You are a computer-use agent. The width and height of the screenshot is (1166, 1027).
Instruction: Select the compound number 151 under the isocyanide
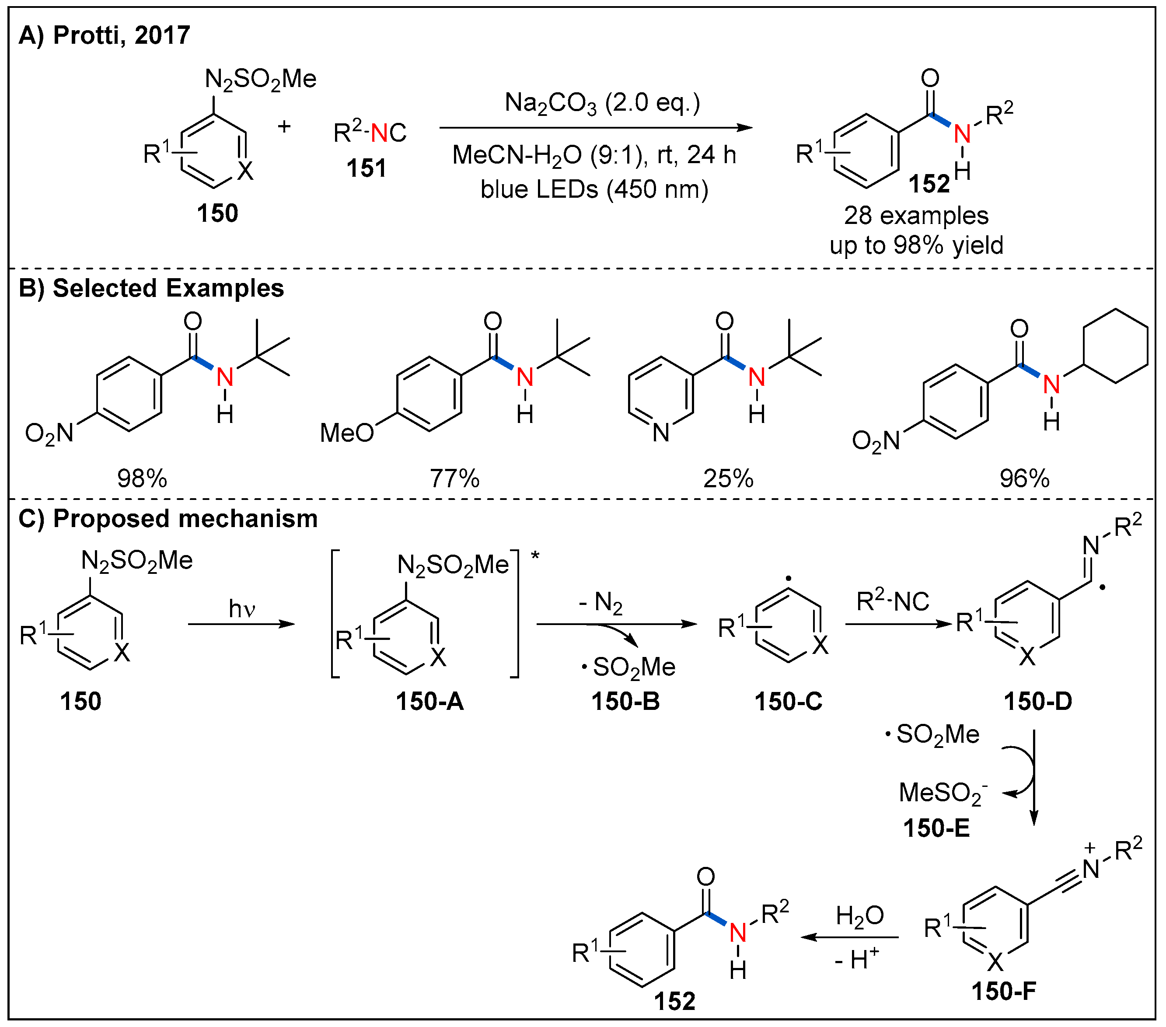[366, 168]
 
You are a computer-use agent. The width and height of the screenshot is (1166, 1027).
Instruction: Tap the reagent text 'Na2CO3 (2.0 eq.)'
[602, 103]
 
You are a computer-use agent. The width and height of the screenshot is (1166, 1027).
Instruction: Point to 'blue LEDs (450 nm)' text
[594, 189]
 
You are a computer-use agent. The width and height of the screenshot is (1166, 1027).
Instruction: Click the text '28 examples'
[916, 216]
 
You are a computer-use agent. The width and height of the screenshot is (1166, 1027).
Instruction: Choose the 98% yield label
[142, 478]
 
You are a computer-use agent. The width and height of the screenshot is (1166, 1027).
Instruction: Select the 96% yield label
[1025, 478]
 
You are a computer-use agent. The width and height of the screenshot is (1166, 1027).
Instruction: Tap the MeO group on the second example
[346, 433]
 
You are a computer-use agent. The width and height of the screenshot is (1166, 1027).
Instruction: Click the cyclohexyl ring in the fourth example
[1115, 346]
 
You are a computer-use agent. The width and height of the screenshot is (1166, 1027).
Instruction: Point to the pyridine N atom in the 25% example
[661, 433]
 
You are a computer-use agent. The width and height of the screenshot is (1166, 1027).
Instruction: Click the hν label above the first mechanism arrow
[242, 609]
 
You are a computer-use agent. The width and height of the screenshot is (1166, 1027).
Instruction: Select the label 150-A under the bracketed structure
[429, 701]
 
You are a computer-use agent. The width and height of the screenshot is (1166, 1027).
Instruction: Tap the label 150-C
[789, 701]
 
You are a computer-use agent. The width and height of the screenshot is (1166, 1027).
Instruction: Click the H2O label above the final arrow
[860, 916]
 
